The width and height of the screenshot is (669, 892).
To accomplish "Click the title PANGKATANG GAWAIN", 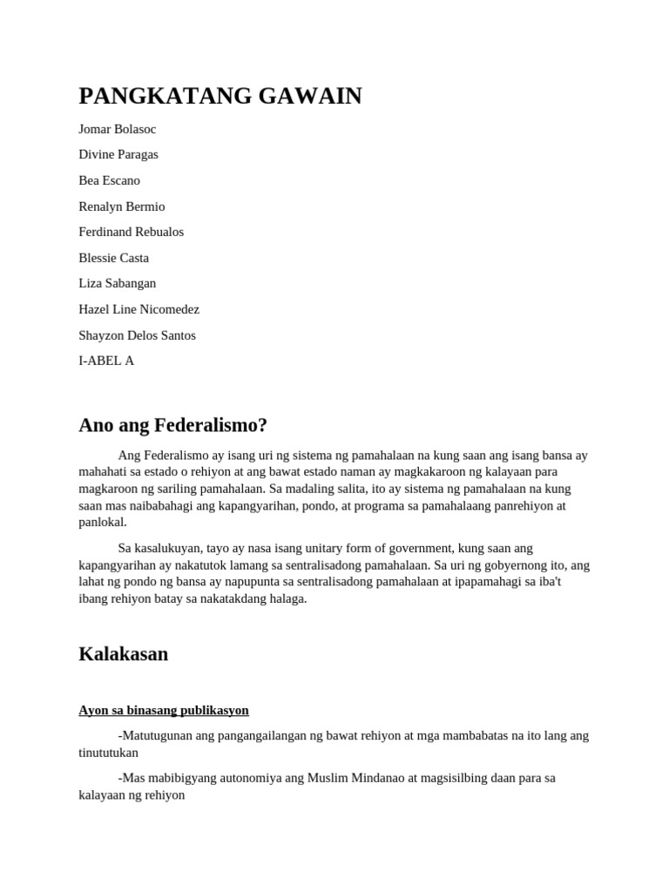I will (220, 96).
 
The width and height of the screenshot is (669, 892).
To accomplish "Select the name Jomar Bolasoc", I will (118, 129).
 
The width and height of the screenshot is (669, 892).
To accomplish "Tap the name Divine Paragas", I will (118, 154).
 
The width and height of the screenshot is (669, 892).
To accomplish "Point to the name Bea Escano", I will (109, 180).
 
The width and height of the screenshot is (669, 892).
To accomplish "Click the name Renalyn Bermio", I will (122, 206).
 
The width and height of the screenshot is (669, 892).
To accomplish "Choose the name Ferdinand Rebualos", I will (132, 232).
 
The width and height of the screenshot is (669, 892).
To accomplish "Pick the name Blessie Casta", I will (114, 258).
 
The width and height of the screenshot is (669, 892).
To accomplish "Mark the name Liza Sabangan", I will (118, 283).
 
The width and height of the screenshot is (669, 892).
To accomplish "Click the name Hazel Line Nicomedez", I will (139, 309).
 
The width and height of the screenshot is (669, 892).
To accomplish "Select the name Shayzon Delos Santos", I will (138, 335).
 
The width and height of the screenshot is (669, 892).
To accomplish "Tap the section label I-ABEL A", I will (106, 361).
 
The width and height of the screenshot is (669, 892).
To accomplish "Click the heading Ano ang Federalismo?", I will (173, 425).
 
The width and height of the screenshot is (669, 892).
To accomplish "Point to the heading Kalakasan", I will (124, 653).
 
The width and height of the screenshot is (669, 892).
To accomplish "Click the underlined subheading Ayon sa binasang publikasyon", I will (164, 710).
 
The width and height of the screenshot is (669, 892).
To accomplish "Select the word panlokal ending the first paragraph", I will (103, 522).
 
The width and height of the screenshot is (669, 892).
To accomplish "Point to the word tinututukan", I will (109, 752).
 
